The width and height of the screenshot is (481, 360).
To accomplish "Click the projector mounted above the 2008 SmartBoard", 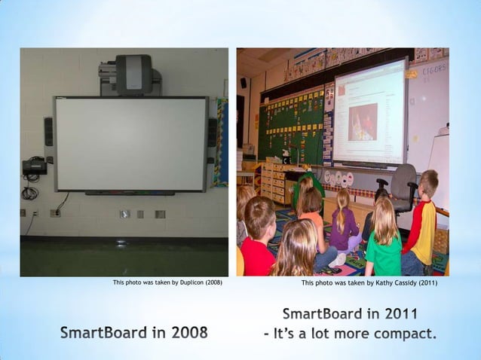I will (x=133, y=75).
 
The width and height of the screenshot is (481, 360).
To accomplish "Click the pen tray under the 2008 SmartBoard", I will (x=132, y=193).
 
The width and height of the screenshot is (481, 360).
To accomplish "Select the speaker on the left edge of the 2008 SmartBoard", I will (x=48, y=132).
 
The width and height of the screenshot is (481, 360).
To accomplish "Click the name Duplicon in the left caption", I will (x=185, y=283).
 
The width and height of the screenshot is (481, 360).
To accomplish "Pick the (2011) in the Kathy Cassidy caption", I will (x=425, y=283).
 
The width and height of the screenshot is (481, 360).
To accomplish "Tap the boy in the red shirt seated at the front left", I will (x=257, y=241).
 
